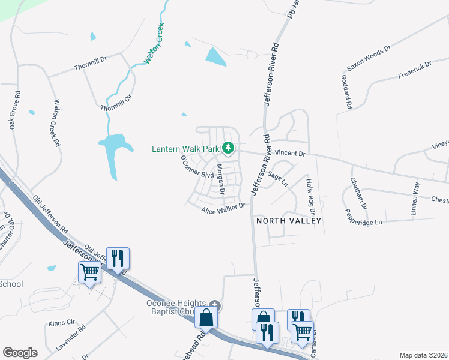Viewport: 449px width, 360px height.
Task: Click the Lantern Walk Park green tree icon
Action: pos(228,147)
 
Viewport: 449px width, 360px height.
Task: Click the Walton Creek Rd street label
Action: pos(56,123)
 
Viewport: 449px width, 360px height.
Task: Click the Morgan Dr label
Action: pos(220,179)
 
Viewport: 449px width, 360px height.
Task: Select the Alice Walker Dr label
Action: pos(223,208)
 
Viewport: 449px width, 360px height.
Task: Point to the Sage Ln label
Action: pos(279,177)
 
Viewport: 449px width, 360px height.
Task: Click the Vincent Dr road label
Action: pos(290,154)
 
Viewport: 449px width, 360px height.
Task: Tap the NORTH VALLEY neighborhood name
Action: pos(289,221)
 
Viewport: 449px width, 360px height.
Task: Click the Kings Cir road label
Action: pos(61,322)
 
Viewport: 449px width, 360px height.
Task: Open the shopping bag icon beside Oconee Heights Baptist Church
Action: pos(206,317)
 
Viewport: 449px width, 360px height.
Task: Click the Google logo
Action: pos(20,353)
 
